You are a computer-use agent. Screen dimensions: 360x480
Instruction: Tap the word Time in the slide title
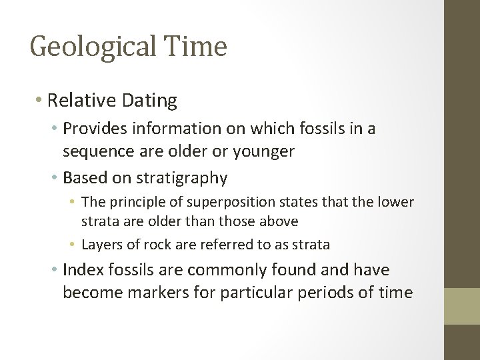click(201, 47)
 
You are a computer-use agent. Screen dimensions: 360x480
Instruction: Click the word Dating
click(153, 101)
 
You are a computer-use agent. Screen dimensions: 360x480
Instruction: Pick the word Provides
click(95, 129)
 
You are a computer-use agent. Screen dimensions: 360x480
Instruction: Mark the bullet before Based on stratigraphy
click(54, 179)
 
